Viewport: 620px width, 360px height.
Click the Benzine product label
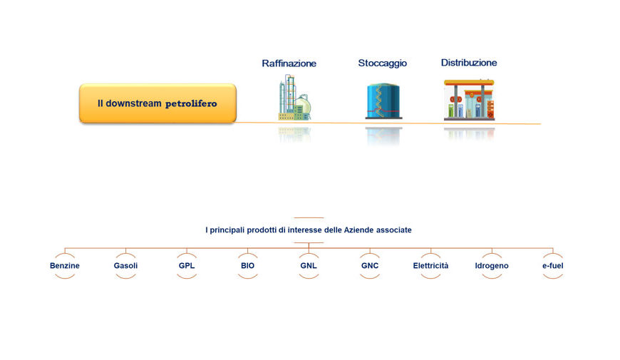pos(64,265)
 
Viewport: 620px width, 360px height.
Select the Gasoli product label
pos(125,265)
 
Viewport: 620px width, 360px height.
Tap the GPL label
pos(187,265)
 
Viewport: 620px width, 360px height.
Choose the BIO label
pos(247,265)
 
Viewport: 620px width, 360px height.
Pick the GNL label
pos(309,265)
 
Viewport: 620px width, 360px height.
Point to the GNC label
pos(370,265)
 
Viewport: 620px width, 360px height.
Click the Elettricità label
pos(430,265)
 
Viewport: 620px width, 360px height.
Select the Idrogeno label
pos(492,266)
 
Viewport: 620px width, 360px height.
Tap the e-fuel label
pos(553,265)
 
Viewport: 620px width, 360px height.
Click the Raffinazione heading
pos(289,63)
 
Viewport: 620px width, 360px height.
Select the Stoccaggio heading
pos(383,63)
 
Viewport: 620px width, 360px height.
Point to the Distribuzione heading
pos(469,63)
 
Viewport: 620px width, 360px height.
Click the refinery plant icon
pos(294,98)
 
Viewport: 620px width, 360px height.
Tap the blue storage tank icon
pos(383,101)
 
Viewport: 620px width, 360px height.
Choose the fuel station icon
pos(469,100)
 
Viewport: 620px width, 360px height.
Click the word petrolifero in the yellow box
pos(191,103)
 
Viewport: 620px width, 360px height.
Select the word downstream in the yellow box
pos(134,103)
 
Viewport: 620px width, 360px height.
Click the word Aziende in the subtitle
pos(358,230)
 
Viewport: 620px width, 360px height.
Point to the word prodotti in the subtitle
pos(262,230)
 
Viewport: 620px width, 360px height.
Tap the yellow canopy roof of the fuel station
pos(469,82)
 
